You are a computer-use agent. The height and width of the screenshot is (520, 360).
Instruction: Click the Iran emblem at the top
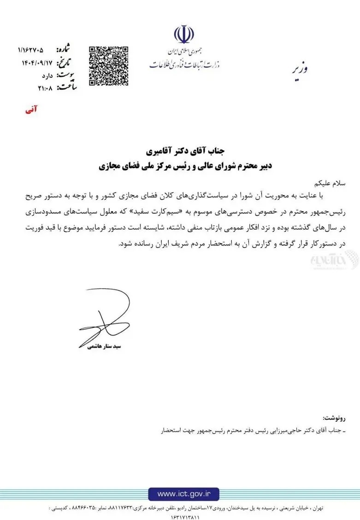[x=184, y=35]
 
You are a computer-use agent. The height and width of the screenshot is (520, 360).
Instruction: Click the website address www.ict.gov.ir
[x=184, y=494]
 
